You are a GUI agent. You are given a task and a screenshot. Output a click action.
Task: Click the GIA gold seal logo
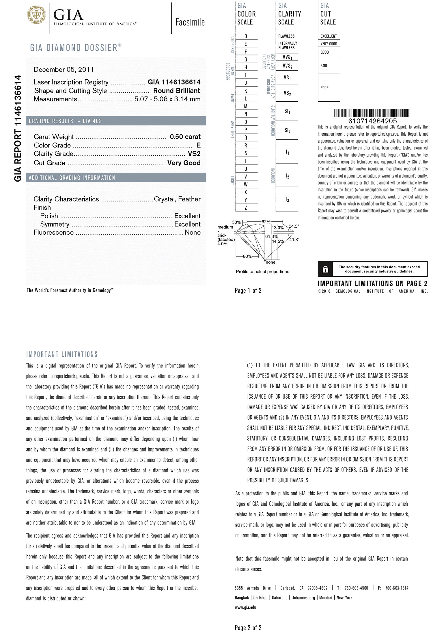point(36,14)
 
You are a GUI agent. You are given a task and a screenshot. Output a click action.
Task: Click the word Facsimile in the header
point(190,22)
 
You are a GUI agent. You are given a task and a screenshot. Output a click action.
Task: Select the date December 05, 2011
point(64,70)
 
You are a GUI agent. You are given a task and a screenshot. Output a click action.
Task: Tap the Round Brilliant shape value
point(177,91)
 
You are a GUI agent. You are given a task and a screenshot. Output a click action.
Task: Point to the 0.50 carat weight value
point(185,137)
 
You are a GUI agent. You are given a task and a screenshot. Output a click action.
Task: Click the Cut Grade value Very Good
point(184,163)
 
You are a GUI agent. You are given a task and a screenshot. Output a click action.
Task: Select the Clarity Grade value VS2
point(194,154)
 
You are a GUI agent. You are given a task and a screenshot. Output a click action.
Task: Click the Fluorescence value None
point(193,233)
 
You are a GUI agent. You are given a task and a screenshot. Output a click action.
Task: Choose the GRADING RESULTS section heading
point(65,121)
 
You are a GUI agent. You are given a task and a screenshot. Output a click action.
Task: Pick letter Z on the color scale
point(246,208)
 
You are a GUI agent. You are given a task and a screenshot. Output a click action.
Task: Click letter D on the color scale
point(246,36)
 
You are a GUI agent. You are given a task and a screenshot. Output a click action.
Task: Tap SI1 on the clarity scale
point(287,111)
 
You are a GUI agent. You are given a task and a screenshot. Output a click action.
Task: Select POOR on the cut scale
point(324,88)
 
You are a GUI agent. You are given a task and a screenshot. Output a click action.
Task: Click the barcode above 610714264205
point(372,113)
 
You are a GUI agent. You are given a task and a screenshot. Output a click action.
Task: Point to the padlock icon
point(325,269)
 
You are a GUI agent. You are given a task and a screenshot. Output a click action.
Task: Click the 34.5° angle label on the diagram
point(294,226)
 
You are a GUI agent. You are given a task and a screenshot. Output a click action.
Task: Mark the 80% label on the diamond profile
point(247,256)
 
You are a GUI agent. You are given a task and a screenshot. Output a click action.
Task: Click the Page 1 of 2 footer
point(248,291)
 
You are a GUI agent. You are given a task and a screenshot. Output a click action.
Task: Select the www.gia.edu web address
point(245,607)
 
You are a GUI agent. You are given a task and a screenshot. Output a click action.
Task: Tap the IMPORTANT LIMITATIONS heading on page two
point(62,354)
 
